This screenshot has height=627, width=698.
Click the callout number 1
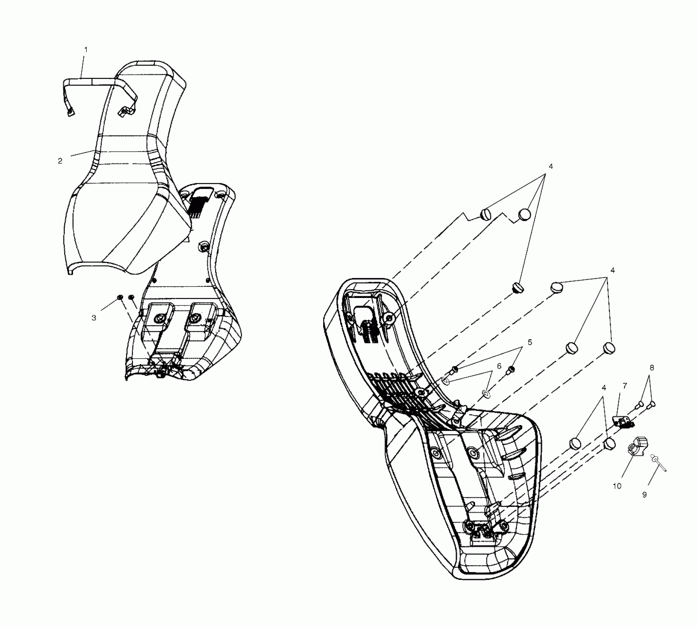86,49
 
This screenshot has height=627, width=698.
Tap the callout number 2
60,161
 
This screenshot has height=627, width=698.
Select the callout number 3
94,318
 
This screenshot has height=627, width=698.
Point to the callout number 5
530,342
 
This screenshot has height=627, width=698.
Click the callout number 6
499,366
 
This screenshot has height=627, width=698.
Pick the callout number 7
625,386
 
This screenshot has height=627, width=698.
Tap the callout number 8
652,367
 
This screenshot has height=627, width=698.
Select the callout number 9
645,495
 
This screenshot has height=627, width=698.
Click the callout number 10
617,486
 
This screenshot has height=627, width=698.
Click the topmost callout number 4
551,166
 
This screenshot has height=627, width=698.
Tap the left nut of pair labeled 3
120,297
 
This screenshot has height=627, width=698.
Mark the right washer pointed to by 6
486,395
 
